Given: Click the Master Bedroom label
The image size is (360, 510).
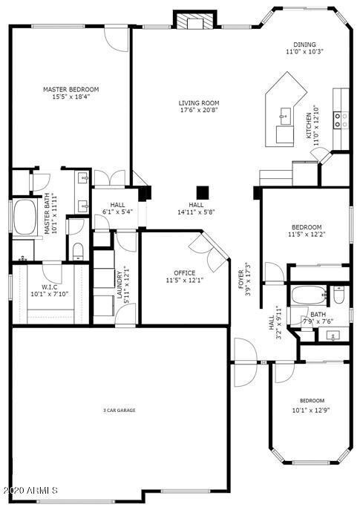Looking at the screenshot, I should click(x=71, y=89).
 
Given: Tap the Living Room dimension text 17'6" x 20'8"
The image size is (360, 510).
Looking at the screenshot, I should click(x=198, y=111).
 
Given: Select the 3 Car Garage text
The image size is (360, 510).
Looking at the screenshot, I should click(x=119, y=410).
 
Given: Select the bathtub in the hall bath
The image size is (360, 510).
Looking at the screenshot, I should click(x=309, y=295).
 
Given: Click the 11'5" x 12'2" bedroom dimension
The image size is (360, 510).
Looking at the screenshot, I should click(x=306, y=235).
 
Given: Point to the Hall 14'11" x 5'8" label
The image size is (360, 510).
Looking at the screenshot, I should click(x=196, y=209).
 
